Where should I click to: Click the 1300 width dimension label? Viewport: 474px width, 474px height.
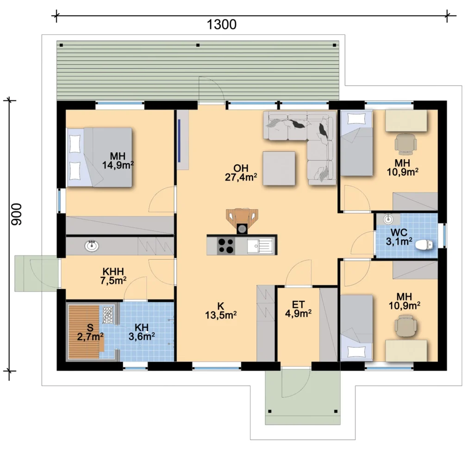221,25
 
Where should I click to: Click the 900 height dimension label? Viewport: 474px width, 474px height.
17,214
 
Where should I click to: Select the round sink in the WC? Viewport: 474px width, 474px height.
388,219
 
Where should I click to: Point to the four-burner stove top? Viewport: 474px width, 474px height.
226,245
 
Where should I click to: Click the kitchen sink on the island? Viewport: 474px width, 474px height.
260,245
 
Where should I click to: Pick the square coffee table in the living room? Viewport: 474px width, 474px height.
279,168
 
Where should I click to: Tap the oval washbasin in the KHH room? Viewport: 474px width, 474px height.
92,246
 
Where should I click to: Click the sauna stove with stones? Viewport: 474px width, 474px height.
108,315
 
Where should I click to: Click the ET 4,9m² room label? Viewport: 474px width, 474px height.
299,309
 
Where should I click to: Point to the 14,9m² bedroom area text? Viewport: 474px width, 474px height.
118,165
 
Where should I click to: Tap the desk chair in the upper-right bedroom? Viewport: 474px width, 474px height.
405,142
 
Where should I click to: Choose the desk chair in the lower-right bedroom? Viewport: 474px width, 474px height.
405,325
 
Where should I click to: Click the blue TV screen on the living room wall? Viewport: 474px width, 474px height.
179,141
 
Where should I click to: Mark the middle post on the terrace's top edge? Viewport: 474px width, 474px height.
198,45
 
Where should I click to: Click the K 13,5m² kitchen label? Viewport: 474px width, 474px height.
221,311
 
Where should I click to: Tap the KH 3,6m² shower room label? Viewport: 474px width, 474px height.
142,332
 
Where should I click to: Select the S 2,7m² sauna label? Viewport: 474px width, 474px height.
90,332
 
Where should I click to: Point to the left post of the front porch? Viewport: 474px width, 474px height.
270,411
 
